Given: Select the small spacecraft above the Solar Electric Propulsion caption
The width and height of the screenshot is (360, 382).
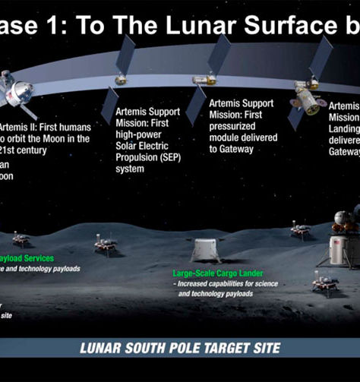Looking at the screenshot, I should point(120,79).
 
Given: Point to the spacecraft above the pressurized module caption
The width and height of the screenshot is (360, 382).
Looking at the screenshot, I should point(204,78).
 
